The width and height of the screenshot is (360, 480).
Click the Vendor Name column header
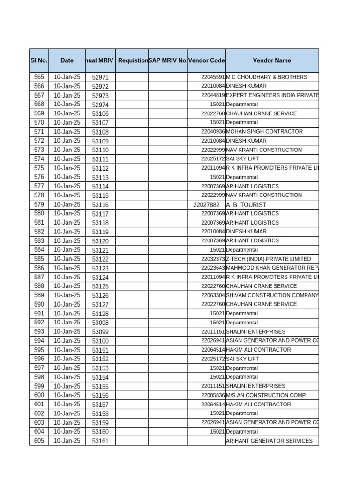[x=272, y=60]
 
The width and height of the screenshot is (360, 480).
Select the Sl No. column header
[x=39, y=60]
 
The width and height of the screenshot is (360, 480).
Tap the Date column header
[x=67, y=60]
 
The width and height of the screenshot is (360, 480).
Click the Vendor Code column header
[x=206, y=60]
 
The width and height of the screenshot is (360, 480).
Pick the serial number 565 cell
[x=39, y=77]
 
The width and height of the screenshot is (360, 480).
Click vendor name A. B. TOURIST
[x=246, y=205]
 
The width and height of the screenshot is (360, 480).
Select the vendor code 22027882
[x=206, y=205]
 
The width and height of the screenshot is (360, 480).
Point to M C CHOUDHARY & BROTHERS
[x=266, y=77]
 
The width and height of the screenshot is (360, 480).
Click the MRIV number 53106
[x=100, y=113]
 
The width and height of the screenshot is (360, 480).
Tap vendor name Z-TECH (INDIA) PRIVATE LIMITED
[x=268, y=259]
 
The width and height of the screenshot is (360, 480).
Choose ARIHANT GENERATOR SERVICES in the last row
[x=269, y=441]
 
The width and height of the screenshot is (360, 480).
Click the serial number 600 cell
[x=39, y=395]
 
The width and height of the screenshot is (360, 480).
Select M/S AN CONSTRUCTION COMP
[x=265, y=395]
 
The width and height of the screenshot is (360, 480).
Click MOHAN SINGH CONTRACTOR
[x=264, y=132]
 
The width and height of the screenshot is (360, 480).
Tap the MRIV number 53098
[x=100, y=322]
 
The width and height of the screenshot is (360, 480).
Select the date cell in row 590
[x=67, y=304]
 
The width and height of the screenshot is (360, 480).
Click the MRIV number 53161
[x=100, y=441]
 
